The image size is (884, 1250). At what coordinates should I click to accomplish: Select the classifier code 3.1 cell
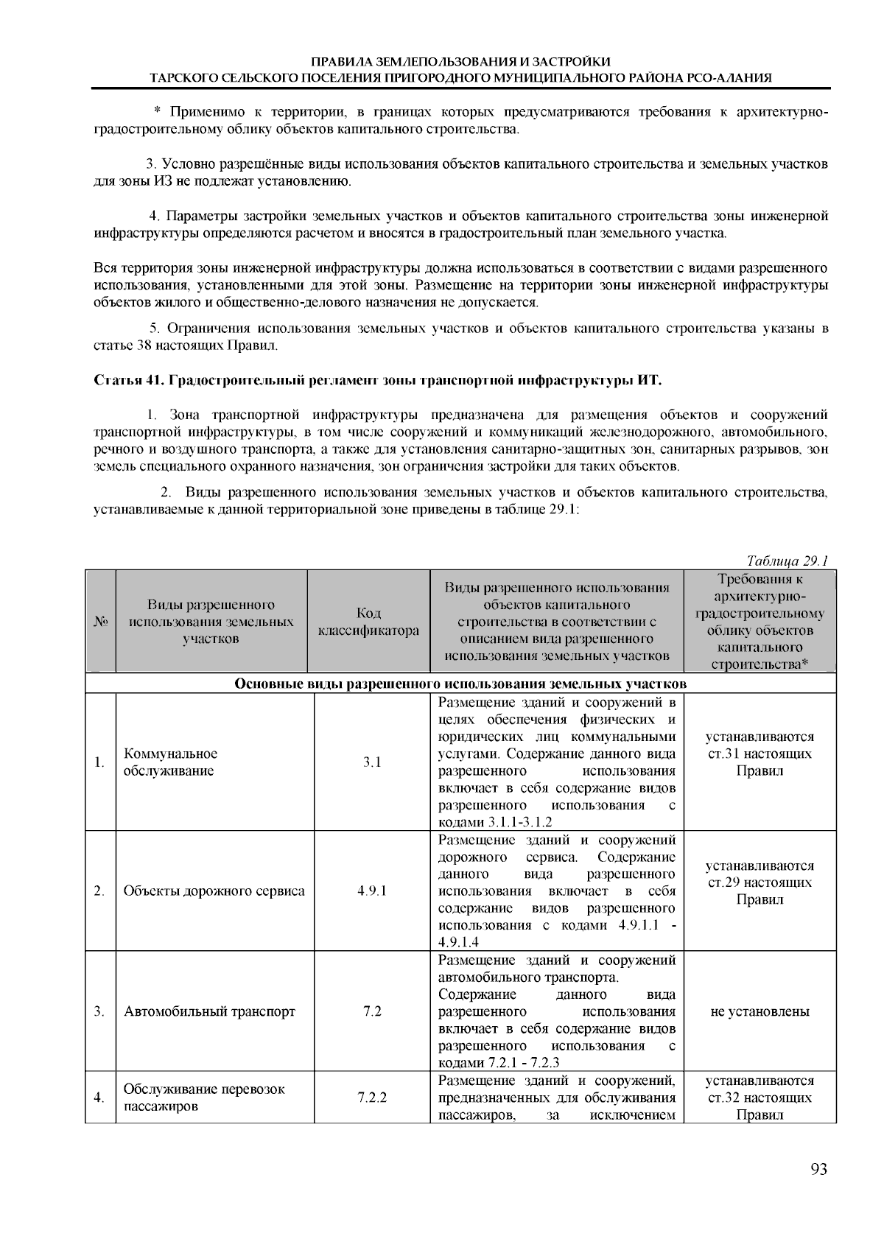tap(372, 762)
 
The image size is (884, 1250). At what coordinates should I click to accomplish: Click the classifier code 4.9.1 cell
tap(372, 891)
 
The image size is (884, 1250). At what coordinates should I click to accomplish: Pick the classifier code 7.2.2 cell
tap(372, 1098)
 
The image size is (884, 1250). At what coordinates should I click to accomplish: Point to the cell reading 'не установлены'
tap(760, 1011)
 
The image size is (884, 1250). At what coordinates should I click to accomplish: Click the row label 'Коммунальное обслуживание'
tap(170, 762)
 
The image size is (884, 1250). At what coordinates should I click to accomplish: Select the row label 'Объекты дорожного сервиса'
tap(214, 891)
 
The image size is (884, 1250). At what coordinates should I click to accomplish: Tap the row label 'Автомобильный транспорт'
tap(209, 1011)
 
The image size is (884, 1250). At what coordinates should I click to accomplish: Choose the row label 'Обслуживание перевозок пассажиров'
tap(203, 1098)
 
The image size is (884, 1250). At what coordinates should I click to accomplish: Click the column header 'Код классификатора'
tap(368, 622)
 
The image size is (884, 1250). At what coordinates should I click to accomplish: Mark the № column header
tap(101, 622)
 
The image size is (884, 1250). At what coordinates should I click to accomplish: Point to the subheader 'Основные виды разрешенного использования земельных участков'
tap(460, 684)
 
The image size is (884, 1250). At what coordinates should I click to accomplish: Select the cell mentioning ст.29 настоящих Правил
tap(760, 882)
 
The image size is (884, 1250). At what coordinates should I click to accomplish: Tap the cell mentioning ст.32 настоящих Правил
tap(760, 1098)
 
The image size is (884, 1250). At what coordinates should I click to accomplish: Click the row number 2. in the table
tap(99, 891)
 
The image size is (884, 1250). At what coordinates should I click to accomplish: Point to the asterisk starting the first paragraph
tap(157, 113)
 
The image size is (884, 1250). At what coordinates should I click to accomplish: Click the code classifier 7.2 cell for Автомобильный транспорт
tap(372, 1011)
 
